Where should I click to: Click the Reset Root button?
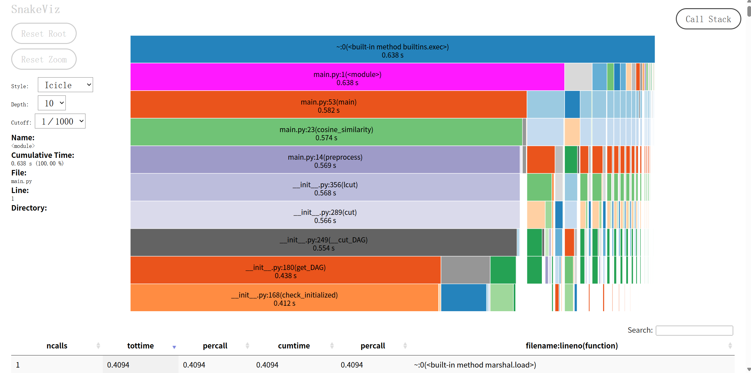point(44,34)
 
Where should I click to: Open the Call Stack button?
point(708,19)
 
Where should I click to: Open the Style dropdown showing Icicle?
point(65,85)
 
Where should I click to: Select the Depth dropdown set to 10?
point(52,103)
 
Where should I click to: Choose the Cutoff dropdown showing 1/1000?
point(60,121)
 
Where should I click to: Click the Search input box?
point(694,330)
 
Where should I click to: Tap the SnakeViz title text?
point(35,9)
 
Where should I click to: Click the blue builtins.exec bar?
point(392,49)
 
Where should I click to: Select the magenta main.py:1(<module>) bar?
point(347,77)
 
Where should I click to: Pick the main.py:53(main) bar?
point(328,105)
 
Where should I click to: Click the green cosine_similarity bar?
point(326,132)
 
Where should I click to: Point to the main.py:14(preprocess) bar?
point(325,160)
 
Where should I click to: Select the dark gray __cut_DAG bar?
point(323,242)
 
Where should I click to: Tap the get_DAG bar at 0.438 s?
point(285,270)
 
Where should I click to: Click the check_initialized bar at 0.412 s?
point(284,298)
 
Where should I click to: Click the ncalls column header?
point(57,346)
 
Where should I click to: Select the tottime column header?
point(140,346)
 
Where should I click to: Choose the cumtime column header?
point(294,346)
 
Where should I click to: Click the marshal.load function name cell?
point(475,365)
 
